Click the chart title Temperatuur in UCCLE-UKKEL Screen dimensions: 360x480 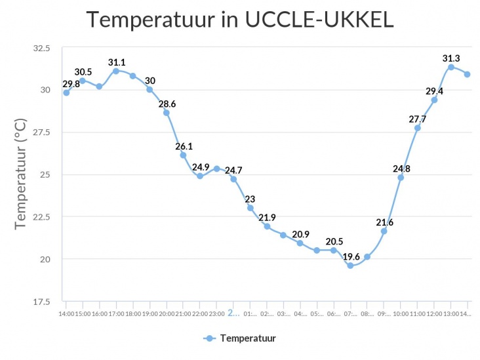pos(240,20)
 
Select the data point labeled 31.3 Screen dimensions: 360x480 pos(451,67)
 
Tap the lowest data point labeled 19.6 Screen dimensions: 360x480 pos(350,266)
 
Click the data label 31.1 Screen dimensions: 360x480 pos(117,62)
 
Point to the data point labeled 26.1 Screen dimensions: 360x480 pos(183,155)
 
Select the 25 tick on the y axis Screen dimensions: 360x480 pos(45,174)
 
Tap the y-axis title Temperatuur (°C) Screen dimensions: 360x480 pos(21,174)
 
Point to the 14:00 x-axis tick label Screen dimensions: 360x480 pos(66,314)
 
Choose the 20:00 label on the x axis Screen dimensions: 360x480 pos(167,314)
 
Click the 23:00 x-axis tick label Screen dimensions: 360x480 pos(216,314)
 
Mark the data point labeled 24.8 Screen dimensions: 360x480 pos(401,178)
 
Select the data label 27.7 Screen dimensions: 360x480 pos(417,119)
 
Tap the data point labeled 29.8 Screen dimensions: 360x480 pos(66,92)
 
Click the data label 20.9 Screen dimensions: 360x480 pos(300,234)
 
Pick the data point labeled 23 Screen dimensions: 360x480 pos(250,208)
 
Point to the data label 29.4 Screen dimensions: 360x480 pos(434,91)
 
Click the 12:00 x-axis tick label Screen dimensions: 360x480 pos(434,314)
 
